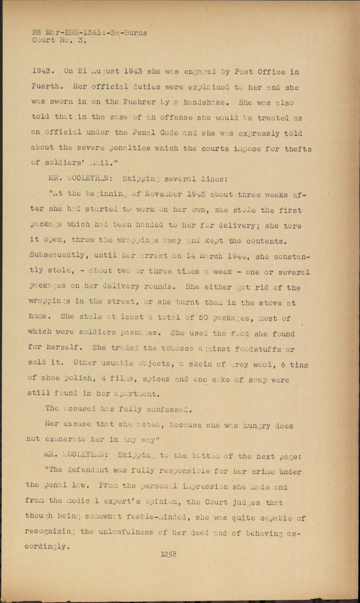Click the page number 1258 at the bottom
(x=168, y=554)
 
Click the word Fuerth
(x=46, y=86)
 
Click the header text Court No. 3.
(x=59, y=40)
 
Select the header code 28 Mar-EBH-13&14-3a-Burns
(x=90, y=33)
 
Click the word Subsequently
(x=57, y=255)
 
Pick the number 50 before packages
(x=203, y=317)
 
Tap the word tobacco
(x=177, y=348)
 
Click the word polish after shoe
(x=78, y=378)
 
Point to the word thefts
(x=298, y=149)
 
